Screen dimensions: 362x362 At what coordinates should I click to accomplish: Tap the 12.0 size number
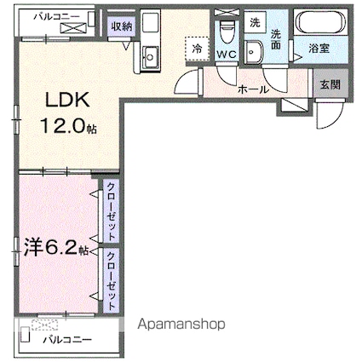[x=63, y=126]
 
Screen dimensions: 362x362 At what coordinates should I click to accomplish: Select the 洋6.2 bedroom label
[x=51, y=246]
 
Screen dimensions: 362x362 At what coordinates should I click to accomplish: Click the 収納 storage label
[x=122, y=26]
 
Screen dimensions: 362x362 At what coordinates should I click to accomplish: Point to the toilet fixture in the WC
[x=227, y=32]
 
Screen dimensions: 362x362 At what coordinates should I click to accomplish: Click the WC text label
[x=227, y=54]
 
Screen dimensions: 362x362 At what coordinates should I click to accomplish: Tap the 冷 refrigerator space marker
[x=197, y=49]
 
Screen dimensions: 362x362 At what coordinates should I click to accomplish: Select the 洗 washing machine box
[x=255, y=22]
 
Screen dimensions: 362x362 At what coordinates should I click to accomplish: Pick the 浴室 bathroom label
[x=319, y=49]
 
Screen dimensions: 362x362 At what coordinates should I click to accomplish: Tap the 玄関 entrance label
[x=330, y=84]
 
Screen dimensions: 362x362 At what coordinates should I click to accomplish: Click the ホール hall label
[x=253, y=90]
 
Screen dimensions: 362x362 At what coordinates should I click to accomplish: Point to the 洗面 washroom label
[x=275, y=40]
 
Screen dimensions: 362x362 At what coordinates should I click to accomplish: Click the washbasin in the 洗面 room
[x=254, y=52]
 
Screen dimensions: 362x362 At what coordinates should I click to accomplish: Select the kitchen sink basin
[x=149, y=57]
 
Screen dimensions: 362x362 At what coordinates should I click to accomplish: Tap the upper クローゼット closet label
[x=111, y=211]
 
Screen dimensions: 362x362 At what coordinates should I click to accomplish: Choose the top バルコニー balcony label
[x=57, y=17]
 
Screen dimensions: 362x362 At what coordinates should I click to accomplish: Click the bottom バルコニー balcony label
[x=68, y=339]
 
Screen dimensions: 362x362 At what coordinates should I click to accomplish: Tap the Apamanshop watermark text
[x=181, y=324]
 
